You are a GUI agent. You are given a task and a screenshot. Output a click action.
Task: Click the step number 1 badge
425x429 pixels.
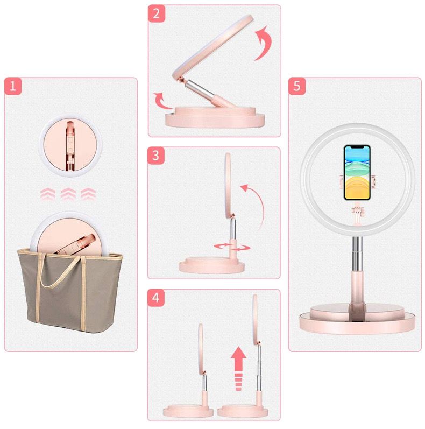point(13,87)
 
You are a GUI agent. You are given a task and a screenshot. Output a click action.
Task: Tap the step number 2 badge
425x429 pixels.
point(157,13)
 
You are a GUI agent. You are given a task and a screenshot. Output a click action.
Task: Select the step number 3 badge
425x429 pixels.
point(156,156)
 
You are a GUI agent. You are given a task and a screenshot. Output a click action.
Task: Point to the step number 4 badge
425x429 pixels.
point(156,298)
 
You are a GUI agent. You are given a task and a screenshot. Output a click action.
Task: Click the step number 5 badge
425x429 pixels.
point(297,87)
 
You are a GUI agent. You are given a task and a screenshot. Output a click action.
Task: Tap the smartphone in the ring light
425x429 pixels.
point(357,173)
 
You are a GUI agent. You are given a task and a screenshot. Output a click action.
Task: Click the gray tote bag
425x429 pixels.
point(70,291)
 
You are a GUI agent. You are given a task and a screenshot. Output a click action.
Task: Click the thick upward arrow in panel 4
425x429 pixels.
point(238,369)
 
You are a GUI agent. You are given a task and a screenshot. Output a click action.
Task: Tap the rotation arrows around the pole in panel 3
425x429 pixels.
point(232,247)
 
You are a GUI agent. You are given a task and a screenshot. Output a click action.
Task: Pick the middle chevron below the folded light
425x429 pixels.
point(68,194)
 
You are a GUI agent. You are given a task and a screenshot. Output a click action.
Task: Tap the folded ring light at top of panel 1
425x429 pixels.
point(70,145)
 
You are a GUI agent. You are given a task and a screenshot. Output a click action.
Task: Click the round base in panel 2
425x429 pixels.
point(215,117)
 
